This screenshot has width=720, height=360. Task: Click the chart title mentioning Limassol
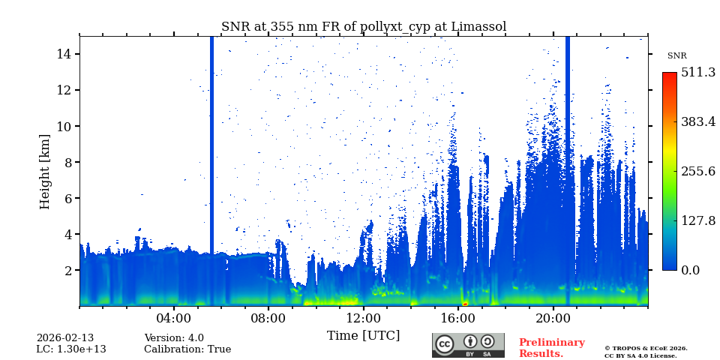(x=364, y=27)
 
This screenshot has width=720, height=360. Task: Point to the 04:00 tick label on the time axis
(x=174, y=317)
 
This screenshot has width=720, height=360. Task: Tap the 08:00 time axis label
(x=268, y=317)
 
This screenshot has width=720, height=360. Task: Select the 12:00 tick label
(x=364, y=317)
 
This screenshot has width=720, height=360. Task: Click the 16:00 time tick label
(x=458, y=317)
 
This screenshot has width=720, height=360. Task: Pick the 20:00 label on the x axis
(x=553, y=317)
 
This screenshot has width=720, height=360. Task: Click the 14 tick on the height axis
(x=63, y=54)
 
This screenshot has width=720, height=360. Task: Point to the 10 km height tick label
(x=63, y=126)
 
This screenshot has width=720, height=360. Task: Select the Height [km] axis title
(x=45, y=171)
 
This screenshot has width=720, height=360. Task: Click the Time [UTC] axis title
(x=364, y=335)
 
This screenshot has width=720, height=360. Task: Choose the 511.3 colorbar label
(x=698, y=73)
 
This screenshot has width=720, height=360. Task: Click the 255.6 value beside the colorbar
(x=698, y=171)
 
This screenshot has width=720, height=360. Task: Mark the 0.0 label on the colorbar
(x=690, y=270)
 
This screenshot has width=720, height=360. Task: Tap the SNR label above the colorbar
(x=676, y=56)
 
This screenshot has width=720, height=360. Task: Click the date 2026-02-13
(x=65, y=338)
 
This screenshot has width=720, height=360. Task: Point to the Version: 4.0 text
(x=174, y=338)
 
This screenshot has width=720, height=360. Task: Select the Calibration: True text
(x=187, y=349)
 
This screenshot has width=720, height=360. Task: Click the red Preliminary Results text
(x=551, y=348)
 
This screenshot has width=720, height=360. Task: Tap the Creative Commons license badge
(x=468, y=345)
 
